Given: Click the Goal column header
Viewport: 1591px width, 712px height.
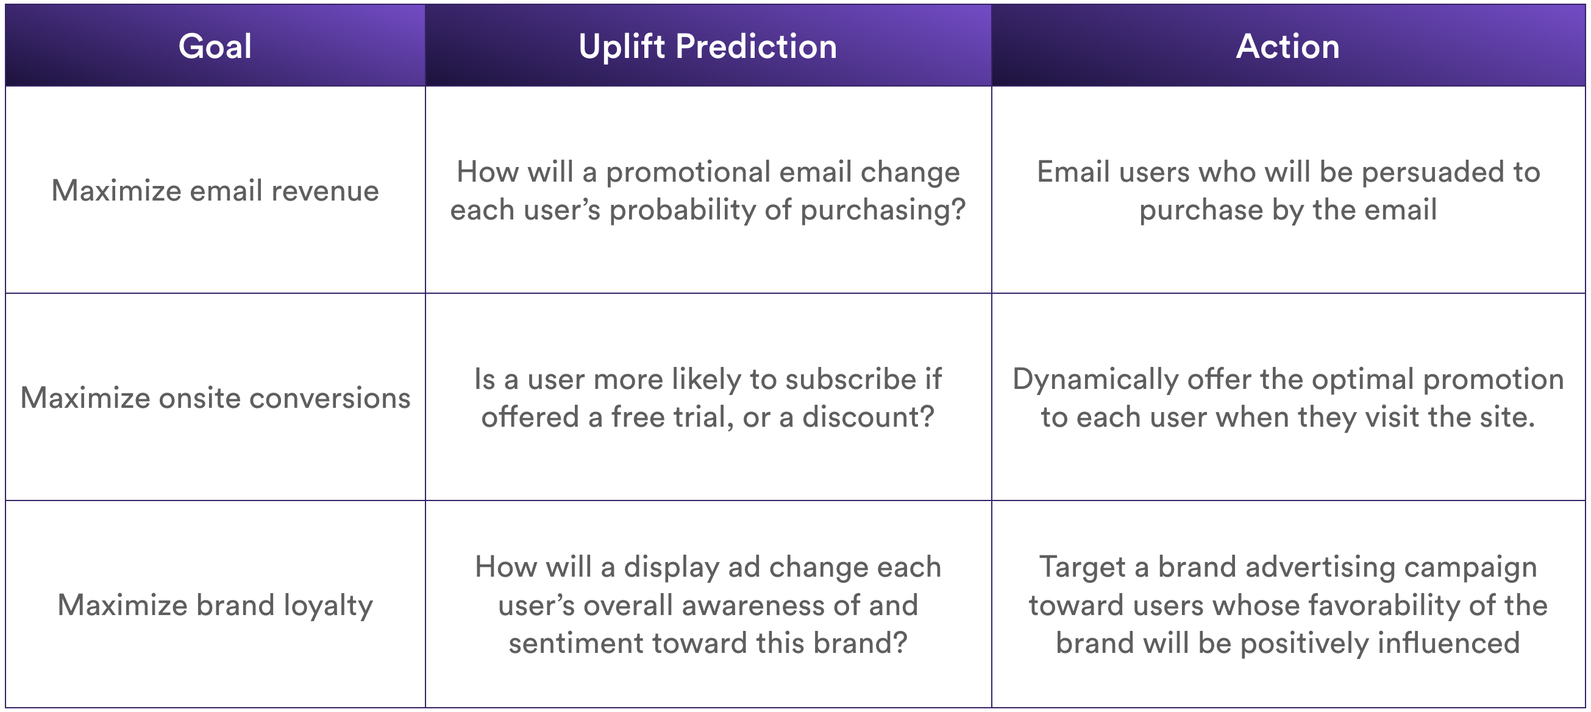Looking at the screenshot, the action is (215, 46).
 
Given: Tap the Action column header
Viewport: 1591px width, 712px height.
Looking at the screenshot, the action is (1288, 46).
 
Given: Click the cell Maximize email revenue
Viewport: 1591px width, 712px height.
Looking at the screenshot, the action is (215, 190).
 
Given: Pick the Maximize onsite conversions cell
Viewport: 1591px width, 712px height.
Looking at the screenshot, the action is (215, 397).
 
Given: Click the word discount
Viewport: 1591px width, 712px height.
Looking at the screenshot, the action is (868, 417).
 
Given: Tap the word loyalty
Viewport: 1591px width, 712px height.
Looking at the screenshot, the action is (329, 606).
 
